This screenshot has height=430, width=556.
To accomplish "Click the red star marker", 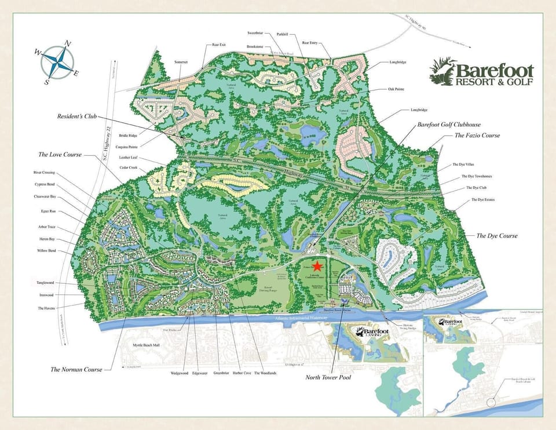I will (x=316, y=266).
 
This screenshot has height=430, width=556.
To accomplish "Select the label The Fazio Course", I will (x=477, y=135).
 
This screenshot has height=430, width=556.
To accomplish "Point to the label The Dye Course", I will (x=496, y=236).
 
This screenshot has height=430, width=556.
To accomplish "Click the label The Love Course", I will (x=60, y=155).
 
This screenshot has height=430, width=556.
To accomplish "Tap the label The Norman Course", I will (x=76, y=369).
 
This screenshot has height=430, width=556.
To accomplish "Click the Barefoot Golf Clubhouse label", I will (x=449, y=125).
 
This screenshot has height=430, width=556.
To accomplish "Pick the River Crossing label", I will (x=45, y=172).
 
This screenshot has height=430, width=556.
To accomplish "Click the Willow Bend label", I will (x=46, y=251).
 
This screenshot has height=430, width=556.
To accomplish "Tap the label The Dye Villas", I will (x=463, y=165).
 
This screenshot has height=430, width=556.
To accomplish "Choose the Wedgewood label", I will (x=180, y=373).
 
